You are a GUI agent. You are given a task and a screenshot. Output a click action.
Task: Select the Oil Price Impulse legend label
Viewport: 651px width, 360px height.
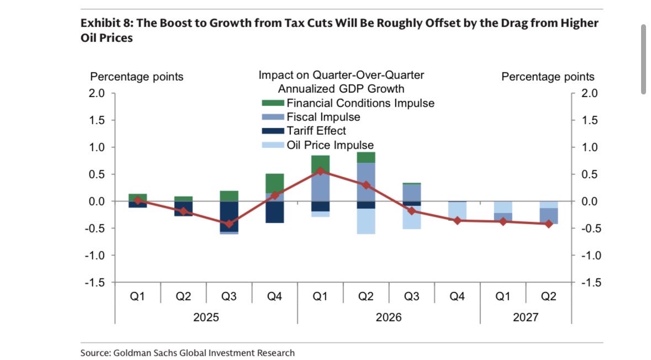[330, 145]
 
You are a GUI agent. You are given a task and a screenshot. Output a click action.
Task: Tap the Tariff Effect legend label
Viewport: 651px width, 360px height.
[316, 131]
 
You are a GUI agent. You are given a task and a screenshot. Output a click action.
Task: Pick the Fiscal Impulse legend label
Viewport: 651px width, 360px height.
[323, 117]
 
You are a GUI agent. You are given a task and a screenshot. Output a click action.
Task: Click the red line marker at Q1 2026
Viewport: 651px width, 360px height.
[320, 171]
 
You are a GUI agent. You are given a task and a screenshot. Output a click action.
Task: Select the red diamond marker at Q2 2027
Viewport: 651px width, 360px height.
[548, 224]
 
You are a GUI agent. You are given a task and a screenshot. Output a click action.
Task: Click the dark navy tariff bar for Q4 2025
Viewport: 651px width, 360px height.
[274, 212]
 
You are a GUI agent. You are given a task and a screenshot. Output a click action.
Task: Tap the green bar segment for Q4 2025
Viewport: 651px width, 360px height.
[274, 183]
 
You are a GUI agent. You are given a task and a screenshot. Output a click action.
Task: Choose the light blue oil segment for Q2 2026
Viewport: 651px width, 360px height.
[366, 221]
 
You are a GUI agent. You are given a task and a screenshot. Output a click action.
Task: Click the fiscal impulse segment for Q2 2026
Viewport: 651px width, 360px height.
[366, 182]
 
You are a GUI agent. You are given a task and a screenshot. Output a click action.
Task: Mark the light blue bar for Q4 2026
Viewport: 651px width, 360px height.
[457, 211]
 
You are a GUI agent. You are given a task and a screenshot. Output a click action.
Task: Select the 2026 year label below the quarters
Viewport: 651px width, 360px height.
[389, 318]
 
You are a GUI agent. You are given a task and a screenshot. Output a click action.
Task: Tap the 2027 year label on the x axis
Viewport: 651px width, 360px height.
[526, 318]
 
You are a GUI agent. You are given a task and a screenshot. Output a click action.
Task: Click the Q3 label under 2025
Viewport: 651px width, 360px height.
[229, 297]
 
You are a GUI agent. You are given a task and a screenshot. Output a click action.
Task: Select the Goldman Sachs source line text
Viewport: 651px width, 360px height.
[188, 353]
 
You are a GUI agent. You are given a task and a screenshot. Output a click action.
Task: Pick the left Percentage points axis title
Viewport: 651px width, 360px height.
[137, 77]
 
